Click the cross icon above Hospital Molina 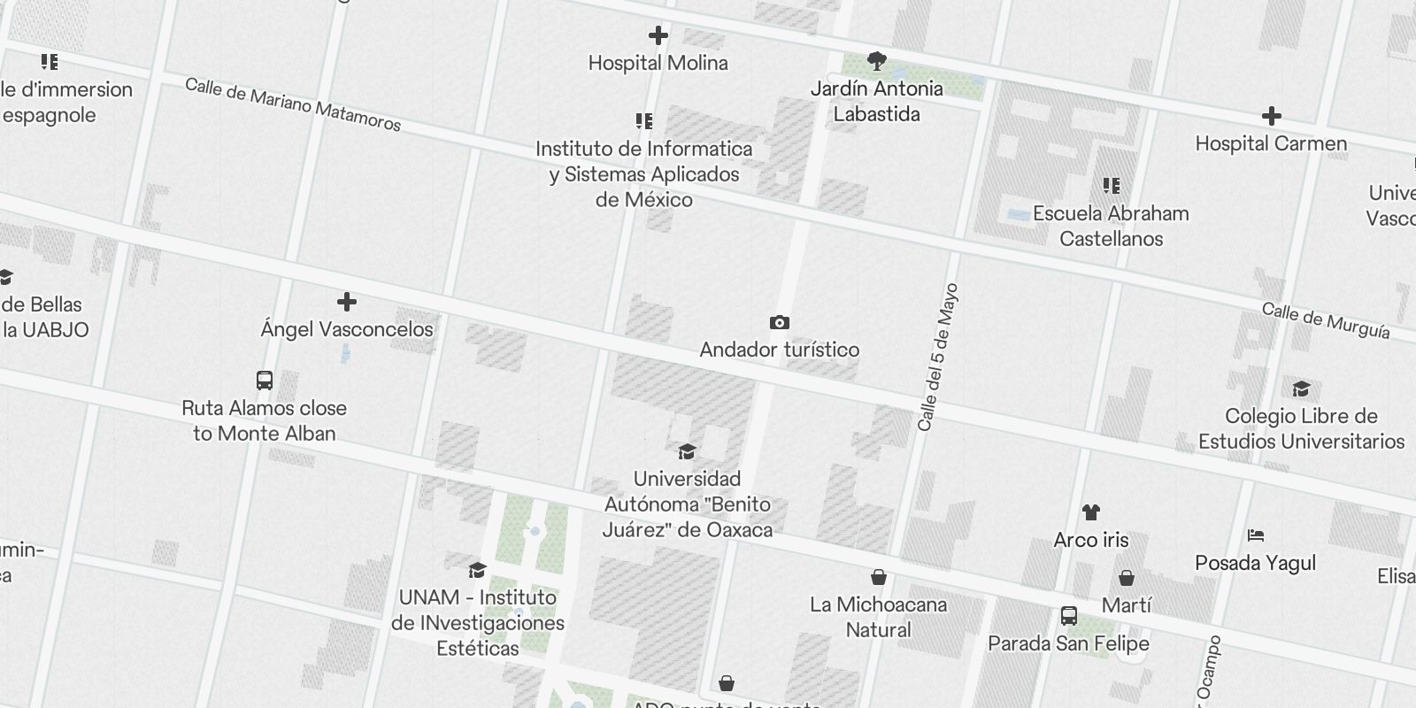tap(658, 36)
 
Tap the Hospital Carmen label tap(1271, 143)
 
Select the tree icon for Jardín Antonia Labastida tap(876, 61)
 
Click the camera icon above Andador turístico tap(779, 323)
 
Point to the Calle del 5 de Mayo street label tap(938, 358)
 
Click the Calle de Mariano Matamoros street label tap(293, 104)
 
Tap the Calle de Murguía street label tap(1325, 320)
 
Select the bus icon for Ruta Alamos tap(264, 381)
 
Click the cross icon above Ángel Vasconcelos tap(347, 303)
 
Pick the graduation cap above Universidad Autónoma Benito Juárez tap(687, 452)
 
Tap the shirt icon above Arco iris tap(1090, 512)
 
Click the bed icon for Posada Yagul tap(1255, 535)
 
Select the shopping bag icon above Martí tap(1126, 578)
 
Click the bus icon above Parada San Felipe tap(1068, 616)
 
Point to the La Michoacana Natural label tap(878, 617)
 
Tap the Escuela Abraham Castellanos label tap(1111, 226)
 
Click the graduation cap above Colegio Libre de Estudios tap(1300, 389)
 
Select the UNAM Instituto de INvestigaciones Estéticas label tap(478, 622)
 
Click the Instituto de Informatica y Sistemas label tap(643, 174)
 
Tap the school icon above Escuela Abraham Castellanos tap(1112, 186)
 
